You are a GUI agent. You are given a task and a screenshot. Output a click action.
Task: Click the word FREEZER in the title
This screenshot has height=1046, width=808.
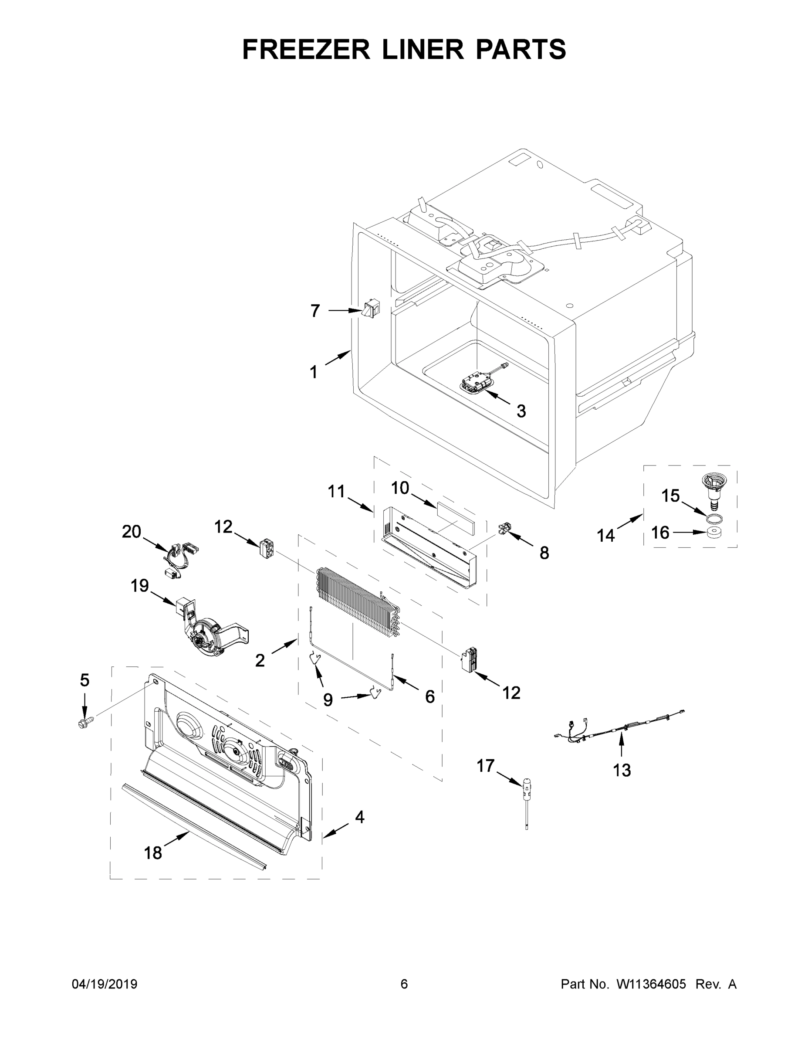click(306, 49)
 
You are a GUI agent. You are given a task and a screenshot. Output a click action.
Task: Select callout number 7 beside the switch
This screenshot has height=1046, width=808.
click(314, 311)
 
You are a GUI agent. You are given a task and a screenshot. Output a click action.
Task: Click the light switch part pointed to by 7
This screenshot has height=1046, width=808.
click(369, 309)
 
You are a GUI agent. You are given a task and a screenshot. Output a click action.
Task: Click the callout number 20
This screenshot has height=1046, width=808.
click(132, 531)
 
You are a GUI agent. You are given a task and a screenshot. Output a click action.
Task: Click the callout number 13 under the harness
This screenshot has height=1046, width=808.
click(622, 770)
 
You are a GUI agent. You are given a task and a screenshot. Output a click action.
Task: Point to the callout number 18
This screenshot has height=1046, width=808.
click(153, 853)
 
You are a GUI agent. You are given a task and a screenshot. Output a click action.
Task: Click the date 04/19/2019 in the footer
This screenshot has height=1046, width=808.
click(105, 984)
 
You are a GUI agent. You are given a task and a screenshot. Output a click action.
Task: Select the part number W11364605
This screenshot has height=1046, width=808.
click(651, 984)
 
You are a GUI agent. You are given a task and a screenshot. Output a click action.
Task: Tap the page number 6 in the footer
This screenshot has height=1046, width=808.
click(404, 984)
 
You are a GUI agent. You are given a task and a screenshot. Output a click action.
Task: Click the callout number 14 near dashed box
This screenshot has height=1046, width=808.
click(605, 535)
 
